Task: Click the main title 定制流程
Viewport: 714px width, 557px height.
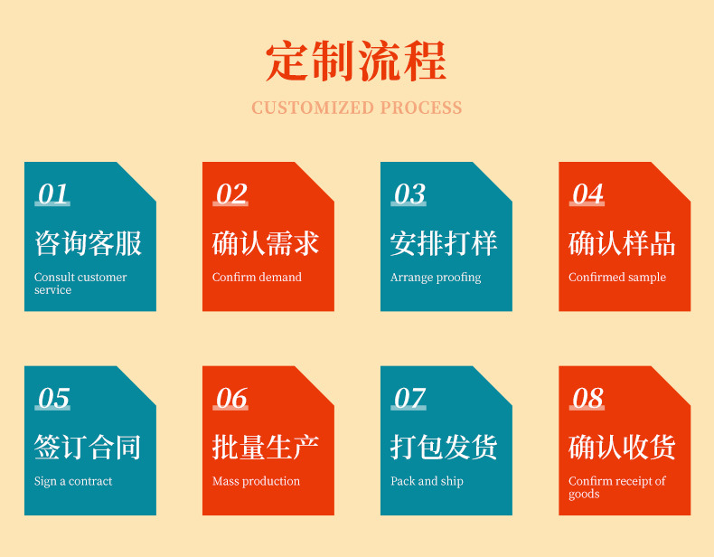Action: (x=356, y=61)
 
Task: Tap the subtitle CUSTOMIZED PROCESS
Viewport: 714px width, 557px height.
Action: (x=356, y=109)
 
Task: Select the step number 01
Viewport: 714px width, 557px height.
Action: (x=53, y=194)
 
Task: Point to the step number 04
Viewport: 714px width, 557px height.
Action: (x=587, y=194)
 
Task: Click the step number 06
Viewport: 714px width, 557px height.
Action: (x=231, y=399)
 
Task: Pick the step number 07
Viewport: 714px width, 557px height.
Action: (x=409, y=399)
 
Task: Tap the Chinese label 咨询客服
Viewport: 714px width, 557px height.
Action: (x=88, y=243)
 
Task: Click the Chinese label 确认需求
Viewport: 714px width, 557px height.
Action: (x=266, y=243)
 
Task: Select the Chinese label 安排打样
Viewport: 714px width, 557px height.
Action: (x=444, y=243)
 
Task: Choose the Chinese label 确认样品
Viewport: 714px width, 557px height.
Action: (x=622, y=243)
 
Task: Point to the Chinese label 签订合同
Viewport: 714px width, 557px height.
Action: (x=88, y=447)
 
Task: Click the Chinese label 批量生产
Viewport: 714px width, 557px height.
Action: (x=266, y=447)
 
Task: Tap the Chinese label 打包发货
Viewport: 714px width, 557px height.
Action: (x=444, y=447)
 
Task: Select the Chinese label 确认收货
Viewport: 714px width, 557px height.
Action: (x=622, y=447)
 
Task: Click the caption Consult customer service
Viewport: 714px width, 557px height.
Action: (x=80, y=283)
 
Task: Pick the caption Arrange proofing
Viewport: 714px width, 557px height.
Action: (x=436, y=278)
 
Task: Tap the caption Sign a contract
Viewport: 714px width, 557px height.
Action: (x=73, y=481)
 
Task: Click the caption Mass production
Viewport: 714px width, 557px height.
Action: (x=256, y=481)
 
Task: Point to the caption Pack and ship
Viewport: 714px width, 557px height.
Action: (x=427, y=481)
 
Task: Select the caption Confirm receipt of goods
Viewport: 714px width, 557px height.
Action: (x=616, y=487)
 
